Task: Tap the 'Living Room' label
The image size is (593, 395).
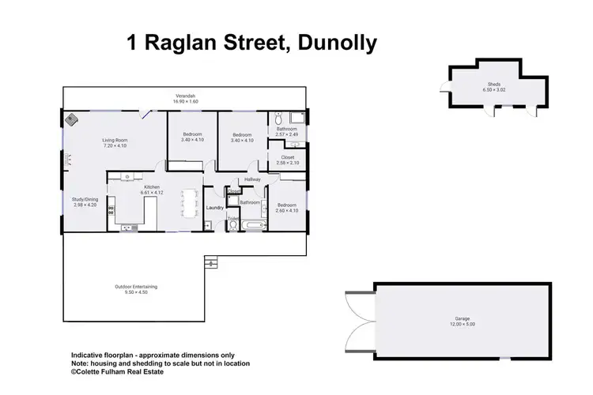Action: (115, 141)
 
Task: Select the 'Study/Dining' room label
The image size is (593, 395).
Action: (85, 200)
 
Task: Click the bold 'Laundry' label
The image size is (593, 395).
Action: (215, 208)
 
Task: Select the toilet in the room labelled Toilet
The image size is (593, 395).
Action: (233, 226)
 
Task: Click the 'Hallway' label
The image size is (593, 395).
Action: (252, 179)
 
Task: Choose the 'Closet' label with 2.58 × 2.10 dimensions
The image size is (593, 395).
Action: (287, 157)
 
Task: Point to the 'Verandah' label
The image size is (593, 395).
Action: (185, 97)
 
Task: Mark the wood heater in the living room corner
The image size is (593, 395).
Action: (71, 120)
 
